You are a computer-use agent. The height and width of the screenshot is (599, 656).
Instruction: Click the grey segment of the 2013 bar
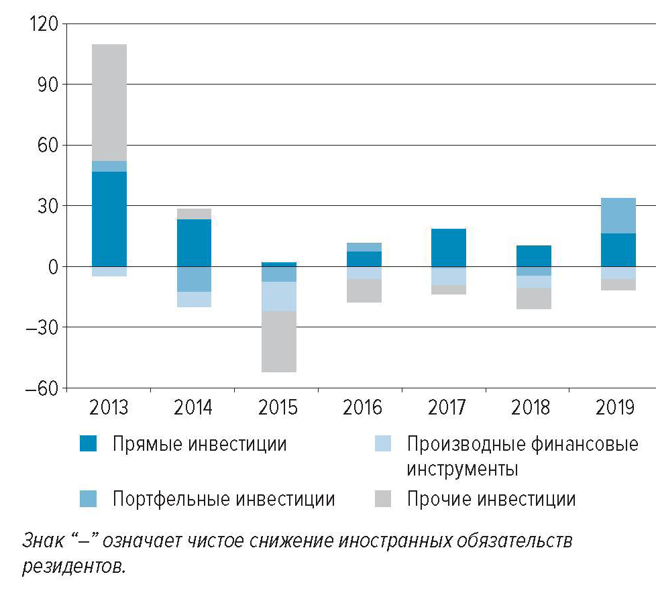pos(109,102)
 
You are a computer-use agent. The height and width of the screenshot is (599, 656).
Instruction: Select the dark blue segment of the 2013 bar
pos(109,219)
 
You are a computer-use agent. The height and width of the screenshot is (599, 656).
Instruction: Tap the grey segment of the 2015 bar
pos(278,341)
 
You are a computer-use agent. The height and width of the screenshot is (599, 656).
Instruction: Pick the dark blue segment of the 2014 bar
pos(194,242)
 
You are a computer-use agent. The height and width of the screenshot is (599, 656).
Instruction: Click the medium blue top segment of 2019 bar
pos(618,215)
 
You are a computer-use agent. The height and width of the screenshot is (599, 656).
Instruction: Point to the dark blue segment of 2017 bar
pos(448,248)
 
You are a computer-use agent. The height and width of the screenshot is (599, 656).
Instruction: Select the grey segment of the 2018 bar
pos(533,298)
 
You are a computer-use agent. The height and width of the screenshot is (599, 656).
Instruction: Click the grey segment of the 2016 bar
pos(364,290)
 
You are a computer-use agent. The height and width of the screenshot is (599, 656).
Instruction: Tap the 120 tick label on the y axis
pos(44,24)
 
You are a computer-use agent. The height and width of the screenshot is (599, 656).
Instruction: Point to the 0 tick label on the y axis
pos(52,267)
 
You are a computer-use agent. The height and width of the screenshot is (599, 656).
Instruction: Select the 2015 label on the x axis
pos(278,408)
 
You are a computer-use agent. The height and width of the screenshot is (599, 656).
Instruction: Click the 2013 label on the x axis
pos(109,408)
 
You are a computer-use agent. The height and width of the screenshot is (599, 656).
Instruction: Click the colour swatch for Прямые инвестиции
pos(88,444)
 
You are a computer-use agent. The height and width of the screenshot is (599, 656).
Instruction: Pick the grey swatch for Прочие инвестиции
pos(382,499)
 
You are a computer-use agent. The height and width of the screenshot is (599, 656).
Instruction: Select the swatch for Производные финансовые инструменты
pos(382,444)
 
